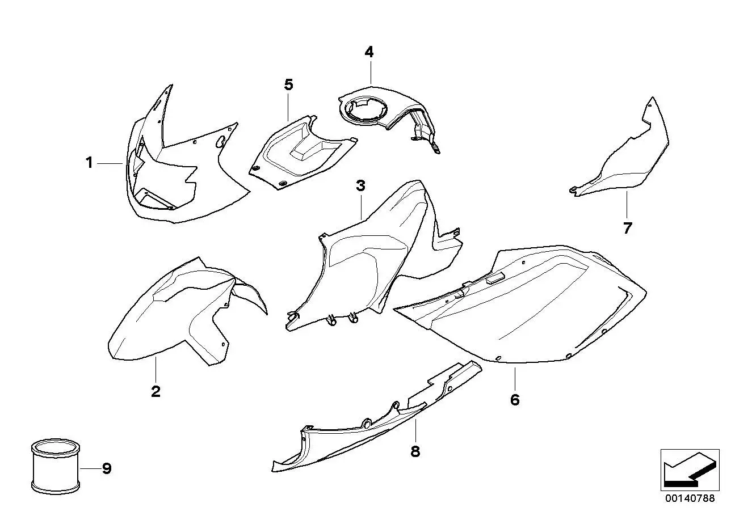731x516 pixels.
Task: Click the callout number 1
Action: coord(89,163)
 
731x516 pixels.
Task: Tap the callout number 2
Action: coord(156,391)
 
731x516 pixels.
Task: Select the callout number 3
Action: coord(360,186)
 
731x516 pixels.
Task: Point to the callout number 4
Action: coord(369,52)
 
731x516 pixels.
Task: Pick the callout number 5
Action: coord(288,84)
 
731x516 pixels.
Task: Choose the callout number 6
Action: coord(515,400)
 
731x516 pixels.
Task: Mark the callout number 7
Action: coord(627,228)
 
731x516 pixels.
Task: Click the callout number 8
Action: coord(415,452)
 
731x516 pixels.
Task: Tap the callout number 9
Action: coord(107,468)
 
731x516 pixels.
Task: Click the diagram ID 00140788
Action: coord(690,498)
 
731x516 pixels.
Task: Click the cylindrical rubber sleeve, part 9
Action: coord(56,466)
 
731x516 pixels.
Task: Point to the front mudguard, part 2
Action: coord(183,313)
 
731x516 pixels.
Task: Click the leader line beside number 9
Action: coord(91,468)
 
